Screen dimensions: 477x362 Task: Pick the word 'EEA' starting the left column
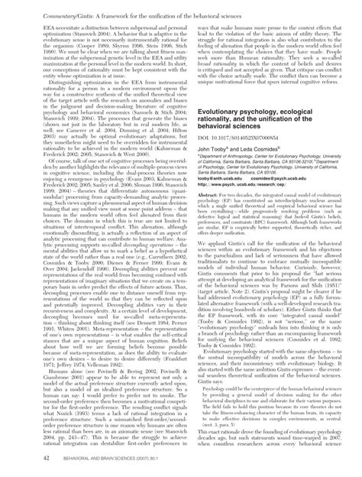pyautogui.click(x=33, y=24)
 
